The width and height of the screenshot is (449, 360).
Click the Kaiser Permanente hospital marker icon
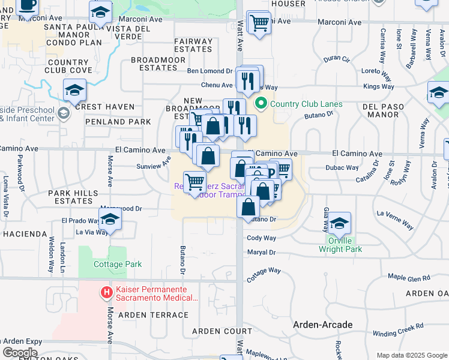tap(107, 293)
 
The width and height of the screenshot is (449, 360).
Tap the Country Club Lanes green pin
tap(261, 104)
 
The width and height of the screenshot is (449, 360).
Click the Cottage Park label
tap(118, 264)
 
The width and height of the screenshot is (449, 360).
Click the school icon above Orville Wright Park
tap(339, 223)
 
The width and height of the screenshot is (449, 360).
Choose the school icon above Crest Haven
tap(75, 90)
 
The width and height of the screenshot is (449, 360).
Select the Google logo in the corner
tap(19, 353)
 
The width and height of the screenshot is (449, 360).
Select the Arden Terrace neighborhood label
tap(153, 314)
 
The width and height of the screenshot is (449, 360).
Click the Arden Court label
tap(214, 331)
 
